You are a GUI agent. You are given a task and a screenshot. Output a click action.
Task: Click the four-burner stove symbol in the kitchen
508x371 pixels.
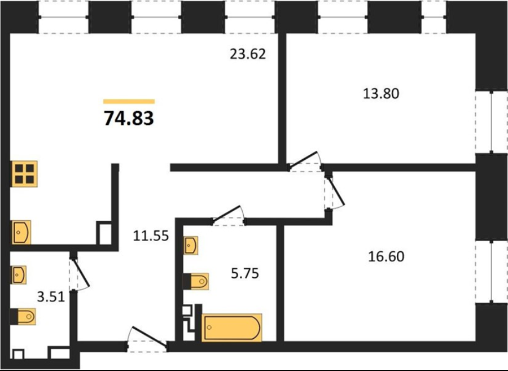(25, 174)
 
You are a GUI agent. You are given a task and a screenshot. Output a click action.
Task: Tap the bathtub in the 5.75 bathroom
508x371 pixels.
(231, 328)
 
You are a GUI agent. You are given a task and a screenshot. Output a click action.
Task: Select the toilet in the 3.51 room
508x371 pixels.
(23, 316)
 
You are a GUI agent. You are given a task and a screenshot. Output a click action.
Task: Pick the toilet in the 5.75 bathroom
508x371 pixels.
(196, 281)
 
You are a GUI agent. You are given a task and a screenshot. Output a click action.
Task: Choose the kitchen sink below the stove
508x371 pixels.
(21, 232)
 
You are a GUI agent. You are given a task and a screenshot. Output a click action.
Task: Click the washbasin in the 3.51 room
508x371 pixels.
(19, 275)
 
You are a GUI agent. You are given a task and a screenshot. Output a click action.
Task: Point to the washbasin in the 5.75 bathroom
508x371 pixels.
(191, 245)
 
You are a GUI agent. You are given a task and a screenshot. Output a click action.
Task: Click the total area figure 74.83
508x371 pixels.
(129, 118)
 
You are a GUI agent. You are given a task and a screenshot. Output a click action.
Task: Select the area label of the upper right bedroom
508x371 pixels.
(381, 94)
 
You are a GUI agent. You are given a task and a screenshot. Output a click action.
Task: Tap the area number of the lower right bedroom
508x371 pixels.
(386, 256)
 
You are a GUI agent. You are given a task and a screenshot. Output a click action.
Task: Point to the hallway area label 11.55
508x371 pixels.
(151, 235)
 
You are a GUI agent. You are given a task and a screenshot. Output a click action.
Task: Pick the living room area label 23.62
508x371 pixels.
(248, 54)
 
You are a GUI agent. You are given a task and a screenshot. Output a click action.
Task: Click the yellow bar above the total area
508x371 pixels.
(129, 102)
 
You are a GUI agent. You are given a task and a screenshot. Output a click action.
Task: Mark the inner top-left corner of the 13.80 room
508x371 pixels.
(286, 33)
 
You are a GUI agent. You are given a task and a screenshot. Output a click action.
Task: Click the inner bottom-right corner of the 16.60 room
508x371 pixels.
(475, 341)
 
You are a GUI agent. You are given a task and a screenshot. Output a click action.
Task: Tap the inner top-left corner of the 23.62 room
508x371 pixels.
(10, 33)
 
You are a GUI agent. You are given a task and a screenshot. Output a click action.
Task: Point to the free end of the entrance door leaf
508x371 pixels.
(132, 328)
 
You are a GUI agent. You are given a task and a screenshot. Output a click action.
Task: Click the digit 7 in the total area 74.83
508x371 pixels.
(109, 118)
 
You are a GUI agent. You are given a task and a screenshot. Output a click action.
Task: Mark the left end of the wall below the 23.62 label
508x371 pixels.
(170, 168)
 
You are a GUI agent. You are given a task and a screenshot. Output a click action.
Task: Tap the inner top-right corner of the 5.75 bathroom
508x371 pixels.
(277, 225)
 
